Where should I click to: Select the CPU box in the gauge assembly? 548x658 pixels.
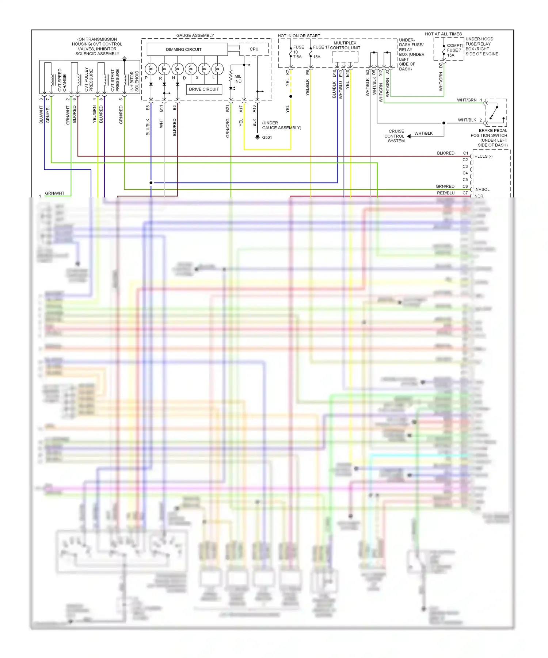254,49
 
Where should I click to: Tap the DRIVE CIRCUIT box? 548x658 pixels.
204,89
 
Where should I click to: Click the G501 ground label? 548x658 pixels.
267,138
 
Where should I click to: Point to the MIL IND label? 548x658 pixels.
238,79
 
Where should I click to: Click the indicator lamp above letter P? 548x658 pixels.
151,69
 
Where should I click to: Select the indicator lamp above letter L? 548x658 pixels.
217,69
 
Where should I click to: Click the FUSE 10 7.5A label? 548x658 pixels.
298,52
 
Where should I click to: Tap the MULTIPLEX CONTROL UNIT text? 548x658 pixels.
345,45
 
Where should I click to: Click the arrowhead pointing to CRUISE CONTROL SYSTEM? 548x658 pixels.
409,136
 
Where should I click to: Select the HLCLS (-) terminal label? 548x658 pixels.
483,156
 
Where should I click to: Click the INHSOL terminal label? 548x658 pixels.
482,189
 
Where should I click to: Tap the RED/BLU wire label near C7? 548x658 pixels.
446,193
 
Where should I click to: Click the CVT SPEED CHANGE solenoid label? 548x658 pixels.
62,80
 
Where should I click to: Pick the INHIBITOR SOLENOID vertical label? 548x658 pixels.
134,81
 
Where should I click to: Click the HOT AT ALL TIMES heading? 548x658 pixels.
443,34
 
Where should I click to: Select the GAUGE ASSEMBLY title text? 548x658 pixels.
195,35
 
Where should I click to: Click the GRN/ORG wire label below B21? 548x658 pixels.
228,128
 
